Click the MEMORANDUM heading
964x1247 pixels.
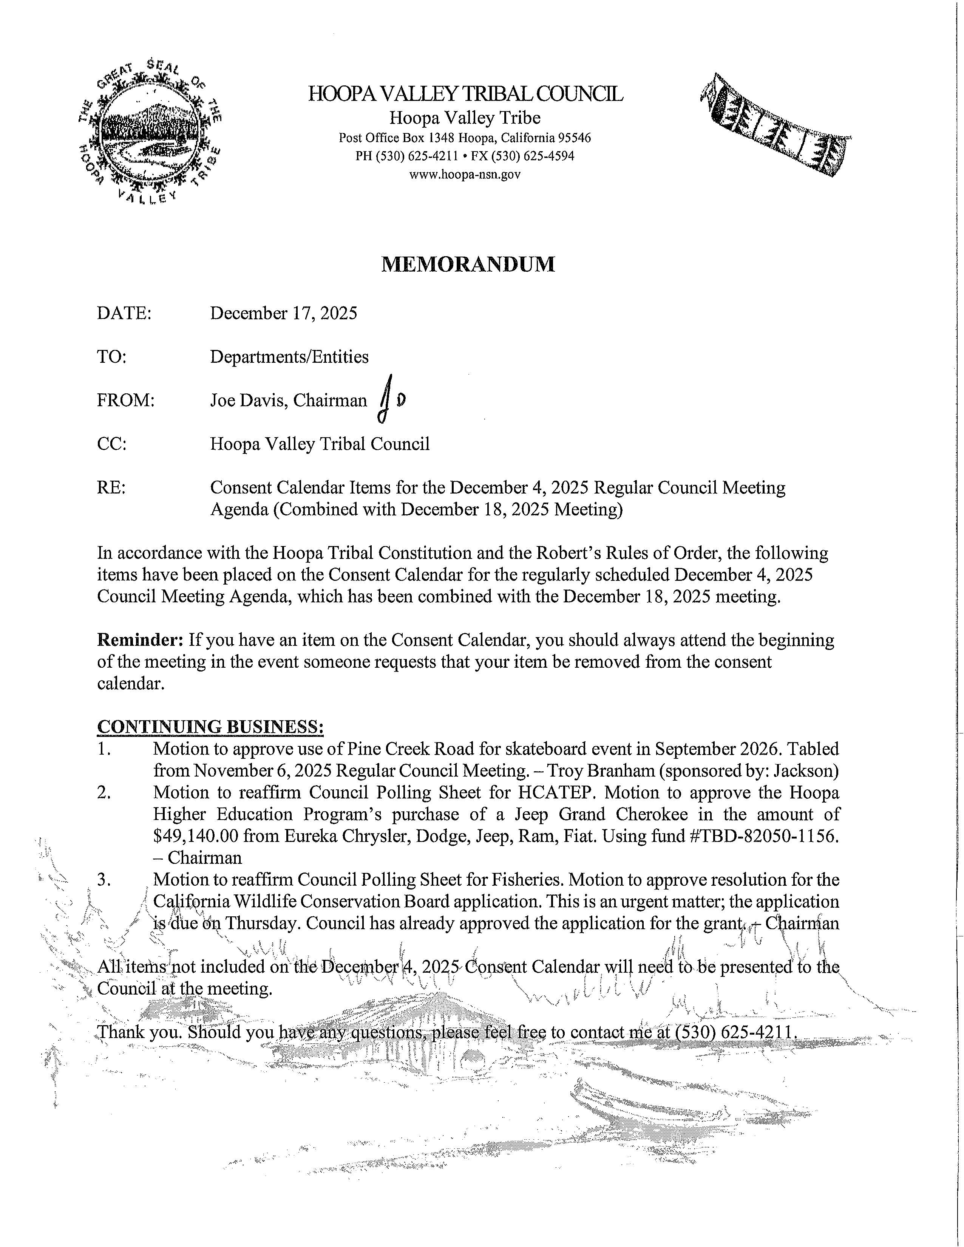point(467,265)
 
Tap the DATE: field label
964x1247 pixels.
point(124,313)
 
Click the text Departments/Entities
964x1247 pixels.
point(289,357)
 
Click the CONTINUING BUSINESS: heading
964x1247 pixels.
point(211,727)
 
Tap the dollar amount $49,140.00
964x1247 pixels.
point(195,836)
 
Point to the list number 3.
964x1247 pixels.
point(103,879)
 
